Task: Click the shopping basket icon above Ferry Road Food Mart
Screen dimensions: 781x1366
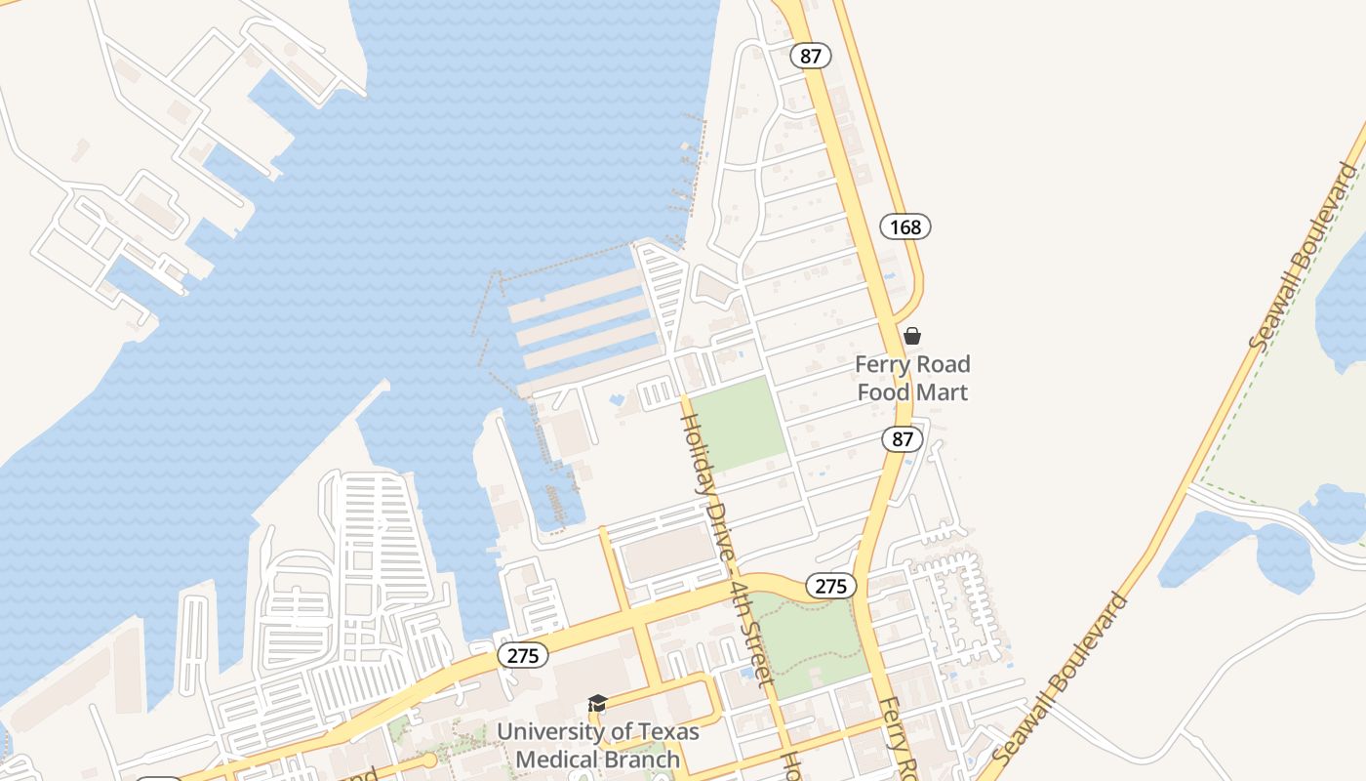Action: click(x=912, y=336)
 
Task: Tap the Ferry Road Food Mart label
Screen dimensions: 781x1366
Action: click(x=912, y=378)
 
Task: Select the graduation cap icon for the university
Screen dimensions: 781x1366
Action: click(x=597, y=704)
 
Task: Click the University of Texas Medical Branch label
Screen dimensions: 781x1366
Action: click(x=597, y=745)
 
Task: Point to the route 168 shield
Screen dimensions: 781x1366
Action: click(x=905, y=226)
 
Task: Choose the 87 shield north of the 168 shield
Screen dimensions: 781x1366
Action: click(x=811, y=56)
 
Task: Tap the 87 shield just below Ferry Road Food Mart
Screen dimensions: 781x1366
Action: click(x=903, y=439)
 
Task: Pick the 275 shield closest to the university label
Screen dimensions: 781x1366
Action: click(x=523, y=656)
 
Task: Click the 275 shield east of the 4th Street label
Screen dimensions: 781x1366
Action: click(x=830, y=586)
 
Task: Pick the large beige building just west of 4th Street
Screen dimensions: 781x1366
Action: click(x=669, y=552)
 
